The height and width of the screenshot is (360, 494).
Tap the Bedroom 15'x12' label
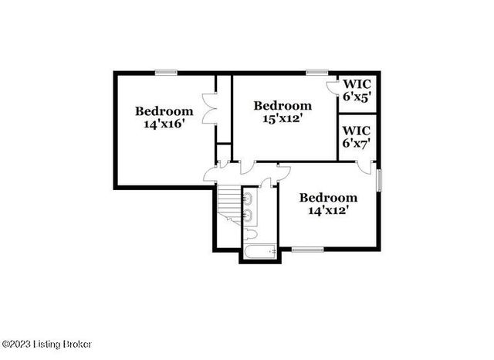click(283, 113)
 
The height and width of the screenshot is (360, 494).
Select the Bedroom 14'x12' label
click(328, 203)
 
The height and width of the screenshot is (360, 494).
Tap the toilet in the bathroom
click(252, 233)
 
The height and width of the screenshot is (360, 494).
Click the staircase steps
click(227, 203)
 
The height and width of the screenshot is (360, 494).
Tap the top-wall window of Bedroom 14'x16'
click(165, 73)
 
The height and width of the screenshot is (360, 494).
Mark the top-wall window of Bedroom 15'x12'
click(316, 73)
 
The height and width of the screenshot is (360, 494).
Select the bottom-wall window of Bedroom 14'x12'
click(307, 249)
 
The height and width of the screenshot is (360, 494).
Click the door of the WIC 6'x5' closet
click(333, 87)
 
